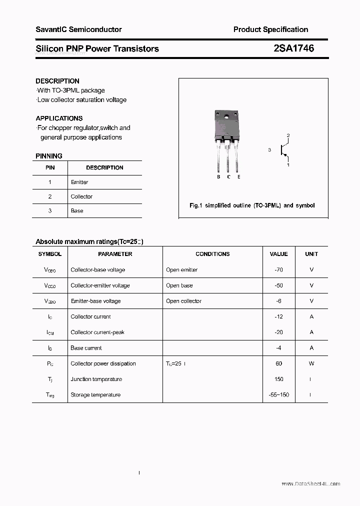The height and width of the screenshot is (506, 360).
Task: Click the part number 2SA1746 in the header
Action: pyautogui.click(x=294, y=48)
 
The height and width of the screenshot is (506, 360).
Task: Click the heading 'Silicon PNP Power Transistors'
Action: pyautogui.click(x=97, y=48)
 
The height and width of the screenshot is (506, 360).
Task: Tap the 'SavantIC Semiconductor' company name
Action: pyautogui.click(x=78, y=29)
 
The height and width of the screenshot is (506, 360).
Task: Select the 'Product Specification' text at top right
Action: pyautogui.click(x=270, y=29)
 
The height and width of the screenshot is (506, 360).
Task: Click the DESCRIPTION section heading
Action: pyautogui.click(x=57, y=81)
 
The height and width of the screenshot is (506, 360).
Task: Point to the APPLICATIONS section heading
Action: pyautogui.click(x=59, y=118)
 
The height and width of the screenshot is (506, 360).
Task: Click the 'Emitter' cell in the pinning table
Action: pyautogui.click(x=79, y=182)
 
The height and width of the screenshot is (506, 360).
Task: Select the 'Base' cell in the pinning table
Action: pyautogui.click(x=77, y=210)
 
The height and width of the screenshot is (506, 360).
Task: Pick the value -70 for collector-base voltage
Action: pyautogui.click(x=278, y=269)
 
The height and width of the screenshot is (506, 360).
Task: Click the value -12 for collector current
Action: pyautogui.click(x=278, y=316)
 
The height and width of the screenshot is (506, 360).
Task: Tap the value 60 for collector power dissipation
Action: pyautogui.click(x=278, y=363)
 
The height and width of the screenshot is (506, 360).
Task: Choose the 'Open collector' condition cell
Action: pyautogui.click(x=183, y=301)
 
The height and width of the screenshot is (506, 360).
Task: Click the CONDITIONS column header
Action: pyautogui.click(x=212, y=254)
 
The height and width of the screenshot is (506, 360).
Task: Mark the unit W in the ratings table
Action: pyautogui.click(x=311, y=363)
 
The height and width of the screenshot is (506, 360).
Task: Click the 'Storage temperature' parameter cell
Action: pyautogui.click(x=95, y=394)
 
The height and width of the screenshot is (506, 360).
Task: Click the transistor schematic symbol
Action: pyautogui.click(x=284, y=149)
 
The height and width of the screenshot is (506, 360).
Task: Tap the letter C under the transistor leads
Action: pyautogui.click(x=228, y=177)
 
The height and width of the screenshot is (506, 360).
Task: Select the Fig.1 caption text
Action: pyautogui.click(x=252, y=205)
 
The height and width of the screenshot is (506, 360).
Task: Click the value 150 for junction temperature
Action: pyautogui.click(x=278, y=379)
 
